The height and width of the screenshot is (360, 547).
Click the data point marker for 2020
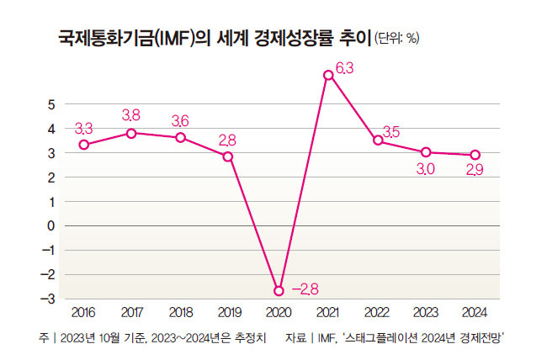[279, 290]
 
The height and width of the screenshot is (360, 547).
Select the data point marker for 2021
[328, 76]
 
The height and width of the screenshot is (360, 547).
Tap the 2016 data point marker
[83, 145]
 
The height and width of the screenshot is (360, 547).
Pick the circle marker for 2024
[475, 155]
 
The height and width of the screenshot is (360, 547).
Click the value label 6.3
[346, 68]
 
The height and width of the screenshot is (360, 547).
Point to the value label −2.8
[304, 289]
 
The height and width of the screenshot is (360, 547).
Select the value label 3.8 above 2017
[131, 114]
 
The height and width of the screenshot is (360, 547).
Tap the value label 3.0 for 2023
[426, 170]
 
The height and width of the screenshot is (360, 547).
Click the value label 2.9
[475, 171]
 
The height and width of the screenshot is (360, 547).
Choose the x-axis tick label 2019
[230, 312]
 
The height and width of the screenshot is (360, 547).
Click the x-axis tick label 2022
[377, 312]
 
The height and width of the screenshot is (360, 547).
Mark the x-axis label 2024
[475, 312]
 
